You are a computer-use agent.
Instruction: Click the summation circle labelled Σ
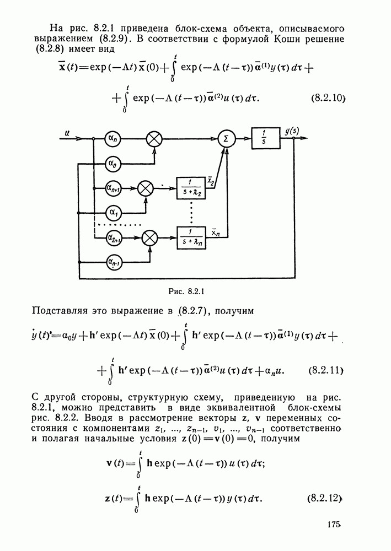click(226, 139)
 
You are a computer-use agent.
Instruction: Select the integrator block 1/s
click(265, 138)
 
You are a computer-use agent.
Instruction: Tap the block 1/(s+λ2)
click(191, 188)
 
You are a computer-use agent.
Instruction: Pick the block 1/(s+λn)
click(191, 237)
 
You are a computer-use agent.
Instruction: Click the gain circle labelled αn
click(113, 139)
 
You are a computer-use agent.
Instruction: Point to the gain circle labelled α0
click(113, 164)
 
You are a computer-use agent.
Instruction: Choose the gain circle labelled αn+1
click(113, 188)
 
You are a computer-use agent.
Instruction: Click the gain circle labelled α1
click(113, 213)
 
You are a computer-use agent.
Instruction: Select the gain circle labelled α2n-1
click(113, 238)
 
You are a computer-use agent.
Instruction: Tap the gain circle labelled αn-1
click(113, 262)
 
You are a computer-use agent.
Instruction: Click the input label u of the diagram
click(67, 133)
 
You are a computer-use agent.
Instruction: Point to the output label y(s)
click(292, 131)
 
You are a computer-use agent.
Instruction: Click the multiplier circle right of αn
click(154, 139)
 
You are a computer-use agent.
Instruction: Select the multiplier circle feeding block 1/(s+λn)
click(150, 238)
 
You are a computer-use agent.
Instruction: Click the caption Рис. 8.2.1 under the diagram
click(186, 291)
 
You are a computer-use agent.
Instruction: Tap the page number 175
click(334, 525)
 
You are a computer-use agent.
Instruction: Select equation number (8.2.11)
click(326, 370)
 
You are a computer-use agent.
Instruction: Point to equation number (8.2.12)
click(325, 499)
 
